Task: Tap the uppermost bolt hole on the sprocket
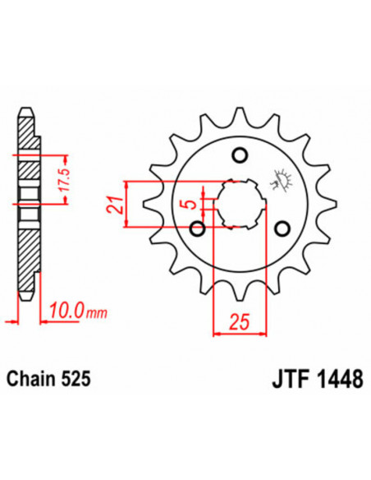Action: [x=240, y=155]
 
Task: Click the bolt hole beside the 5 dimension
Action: [x=197, y=228]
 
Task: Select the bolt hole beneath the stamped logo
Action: [x=282, y=228]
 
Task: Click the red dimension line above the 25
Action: [x=240, y=332]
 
